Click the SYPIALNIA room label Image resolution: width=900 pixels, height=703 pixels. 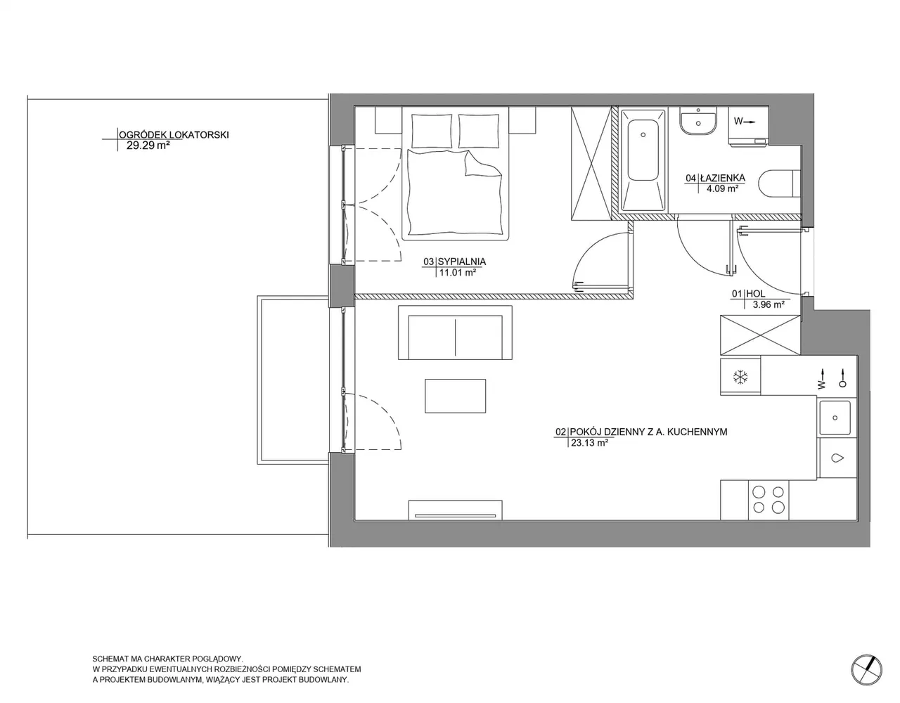[462, 262]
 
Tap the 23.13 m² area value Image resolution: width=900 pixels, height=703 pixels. [589, 443]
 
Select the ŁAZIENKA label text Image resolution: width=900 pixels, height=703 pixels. [723, 178]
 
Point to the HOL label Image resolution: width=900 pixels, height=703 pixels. [756, 294]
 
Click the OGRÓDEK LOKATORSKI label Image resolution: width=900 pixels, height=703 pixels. [174, 135]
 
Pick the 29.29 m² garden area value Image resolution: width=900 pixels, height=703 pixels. [148, 146]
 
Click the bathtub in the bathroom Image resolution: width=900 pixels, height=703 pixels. [643, 160]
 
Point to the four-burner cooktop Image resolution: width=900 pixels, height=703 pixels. [769, 499]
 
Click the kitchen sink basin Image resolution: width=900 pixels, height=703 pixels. [835, 418]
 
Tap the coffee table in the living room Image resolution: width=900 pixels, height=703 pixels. [455, 396]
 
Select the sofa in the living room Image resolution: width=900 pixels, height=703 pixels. [455, 333]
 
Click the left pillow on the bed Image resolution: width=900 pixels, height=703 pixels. [432, 131]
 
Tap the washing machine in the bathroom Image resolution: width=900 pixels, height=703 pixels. [748, 126]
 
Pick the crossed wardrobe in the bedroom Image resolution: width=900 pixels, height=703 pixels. [591, 163]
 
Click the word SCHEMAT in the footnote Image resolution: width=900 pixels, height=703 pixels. [110, 659]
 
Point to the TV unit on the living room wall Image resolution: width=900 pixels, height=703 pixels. [455, 510]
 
